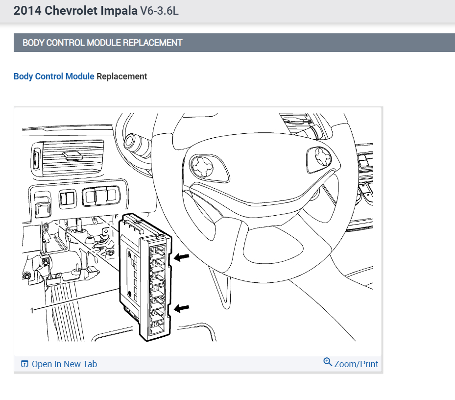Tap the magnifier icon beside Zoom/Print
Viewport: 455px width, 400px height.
[x=328, y=362]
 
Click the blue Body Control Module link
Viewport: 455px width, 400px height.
[x=54, y=76]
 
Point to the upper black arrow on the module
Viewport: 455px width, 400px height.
[x=182, y=257]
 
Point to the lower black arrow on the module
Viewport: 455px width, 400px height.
[x=182, y=308]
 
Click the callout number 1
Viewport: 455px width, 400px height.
[x=32, y=311]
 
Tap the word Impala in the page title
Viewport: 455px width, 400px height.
[x=119, y=11]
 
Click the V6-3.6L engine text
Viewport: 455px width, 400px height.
[x=160, y=11]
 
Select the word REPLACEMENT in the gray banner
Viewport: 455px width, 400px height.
[x=153, y=43]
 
